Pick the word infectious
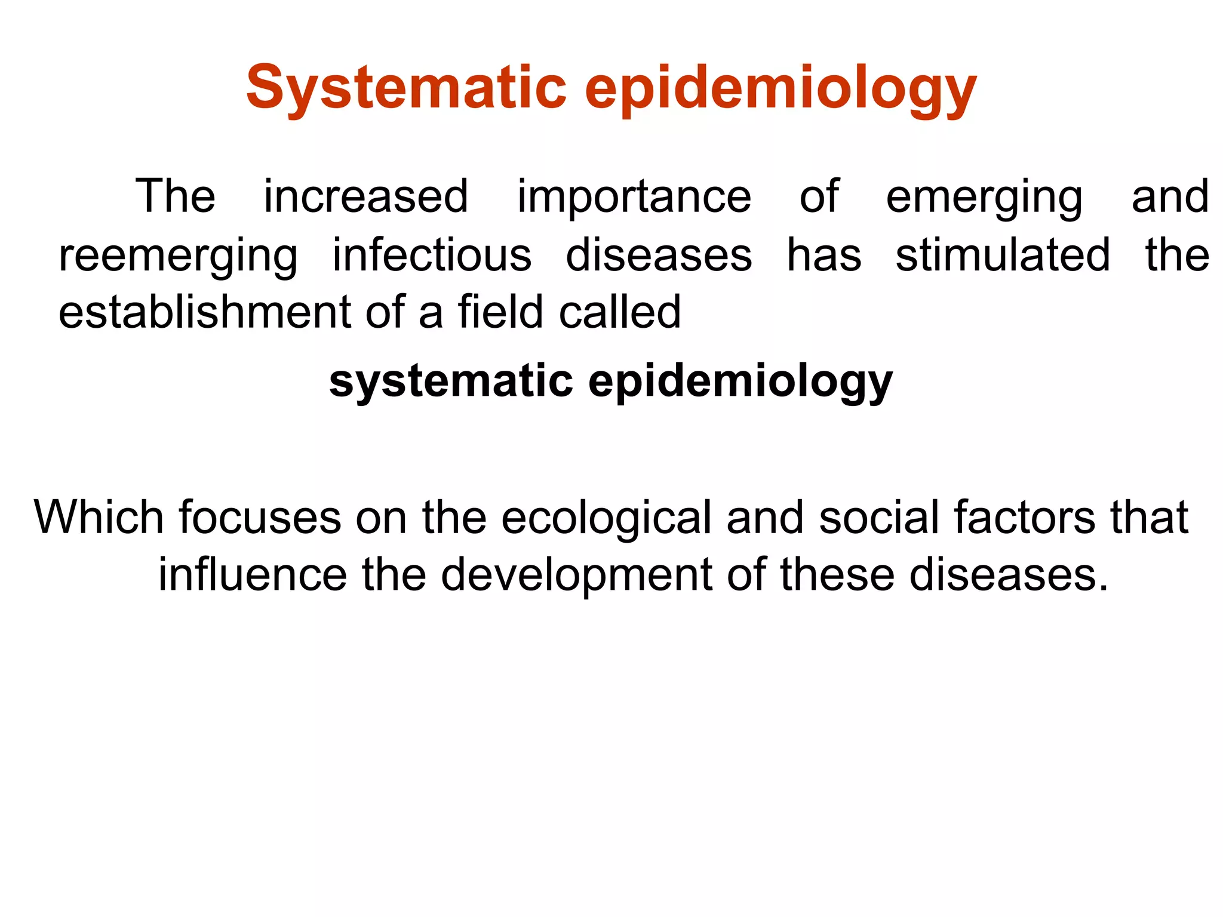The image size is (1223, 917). point(432,255)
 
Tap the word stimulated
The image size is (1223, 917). point(1003,255)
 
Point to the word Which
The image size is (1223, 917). point(99,517)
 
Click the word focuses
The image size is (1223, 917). point(260,517)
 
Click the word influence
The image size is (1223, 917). point(252,574)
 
